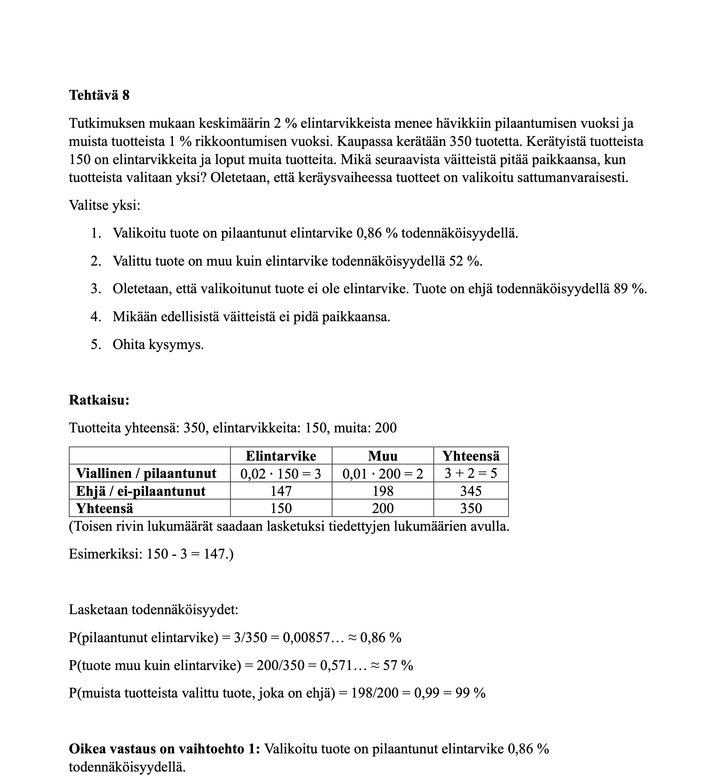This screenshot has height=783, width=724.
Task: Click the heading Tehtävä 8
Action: pos(99,95)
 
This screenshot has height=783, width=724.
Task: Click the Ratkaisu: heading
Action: pos(99,400)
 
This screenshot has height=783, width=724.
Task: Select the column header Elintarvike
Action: pos(281,456)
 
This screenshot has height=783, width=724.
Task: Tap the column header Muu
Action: pos(382,456)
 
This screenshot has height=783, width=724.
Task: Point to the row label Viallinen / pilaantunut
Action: pos(146,474)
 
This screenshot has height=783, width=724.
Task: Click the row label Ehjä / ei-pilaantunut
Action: pos(141,491)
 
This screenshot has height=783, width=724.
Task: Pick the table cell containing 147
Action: pos(281,491)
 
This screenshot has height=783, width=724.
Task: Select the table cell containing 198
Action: pos(382,491)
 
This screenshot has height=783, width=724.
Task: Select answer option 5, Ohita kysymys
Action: pos(158,345)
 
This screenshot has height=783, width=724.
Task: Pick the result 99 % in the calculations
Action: pos(470,693)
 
